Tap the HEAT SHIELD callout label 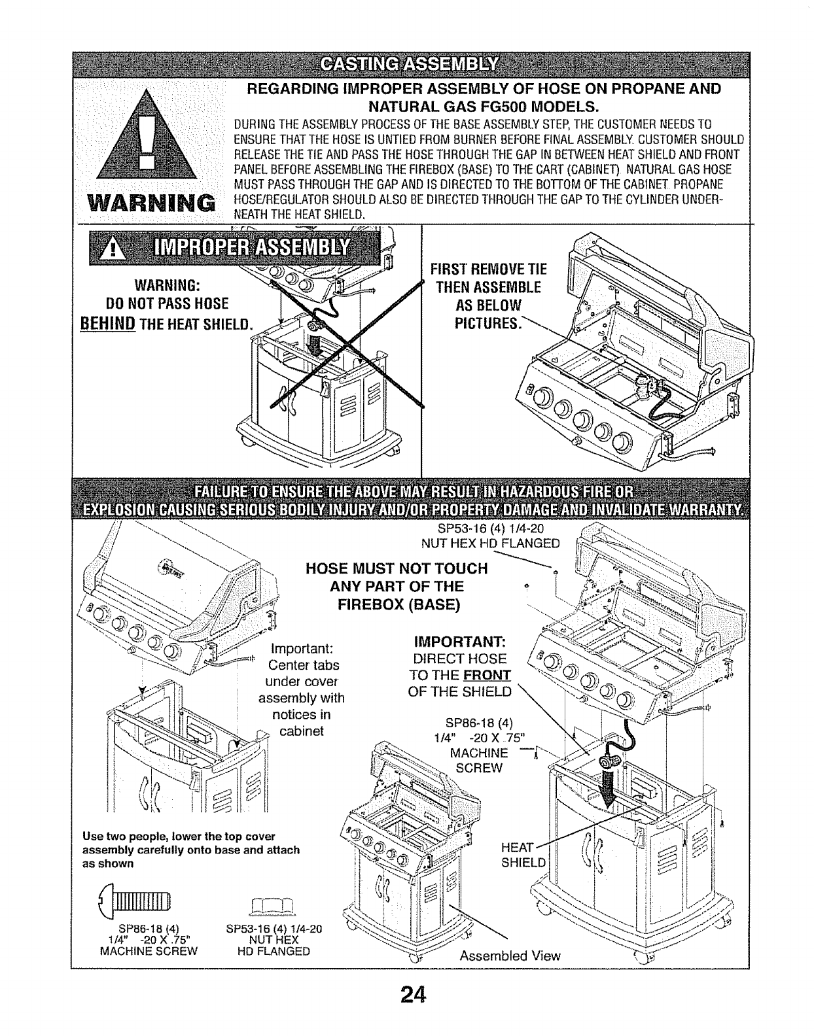point(523,854)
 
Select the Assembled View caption point(510,956)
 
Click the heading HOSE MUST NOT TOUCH point(397,568)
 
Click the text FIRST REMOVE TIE point(488,269)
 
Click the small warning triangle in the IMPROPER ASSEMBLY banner point(113,249)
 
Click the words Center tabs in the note point(304,665)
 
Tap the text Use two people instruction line point(179,837)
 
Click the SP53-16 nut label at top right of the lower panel point(490,529)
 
